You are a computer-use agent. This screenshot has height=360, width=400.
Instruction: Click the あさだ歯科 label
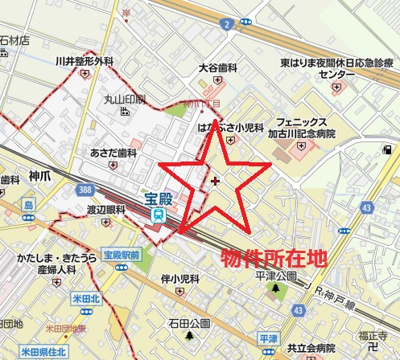pos(112,153)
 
